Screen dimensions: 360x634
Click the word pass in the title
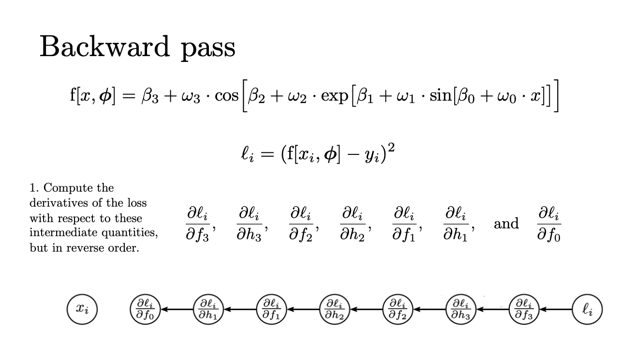(208, 48)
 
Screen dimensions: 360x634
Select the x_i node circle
(82, 308)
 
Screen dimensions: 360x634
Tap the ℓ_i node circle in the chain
(587, 308)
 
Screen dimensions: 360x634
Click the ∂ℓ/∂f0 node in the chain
(145, 308)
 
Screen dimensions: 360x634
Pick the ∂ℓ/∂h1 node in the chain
(208, 308)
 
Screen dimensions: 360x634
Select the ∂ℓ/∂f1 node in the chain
(271, 308)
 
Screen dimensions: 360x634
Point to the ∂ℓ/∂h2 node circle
(335, 308)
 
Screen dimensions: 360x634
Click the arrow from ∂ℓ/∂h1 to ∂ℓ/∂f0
(177, 308)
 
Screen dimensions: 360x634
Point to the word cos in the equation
(226, 95)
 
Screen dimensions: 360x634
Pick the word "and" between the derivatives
(506, 224)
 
